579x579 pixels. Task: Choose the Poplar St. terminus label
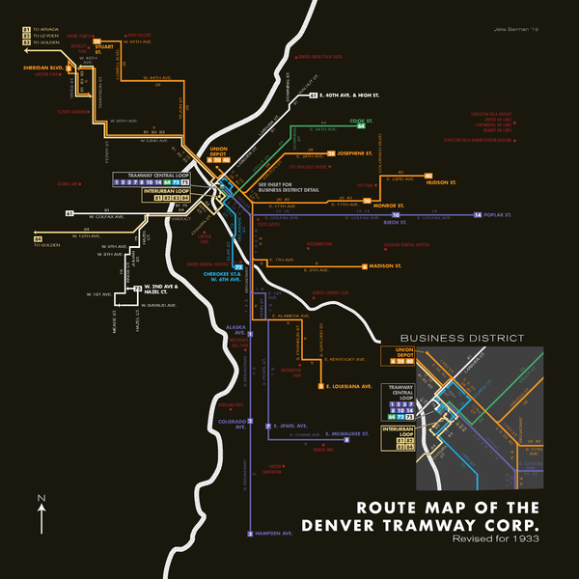click(x=500, y=214)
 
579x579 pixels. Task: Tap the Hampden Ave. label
click(x=273, y=532)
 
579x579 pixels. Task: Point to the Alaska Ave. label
click(x=236, y=330)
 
